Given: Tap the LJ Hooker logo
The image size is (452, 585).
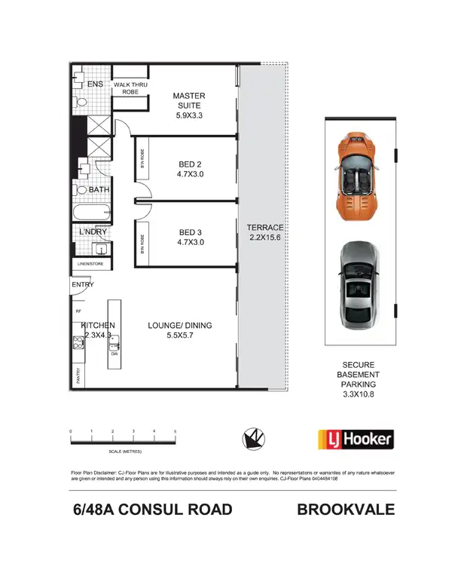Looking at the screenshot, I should pyautogui.click(x=355, y=439).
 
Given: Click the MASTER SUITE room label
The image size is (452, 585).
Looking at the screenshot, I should pyautogui.click(x=188, y=106).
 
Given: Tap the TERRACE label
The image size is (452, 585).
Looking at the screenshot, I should pyautogui.click(x=264, y=232).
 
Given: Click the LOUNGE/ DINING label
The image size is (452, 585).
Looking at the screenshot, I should pyautogui.click(x=179, y=330).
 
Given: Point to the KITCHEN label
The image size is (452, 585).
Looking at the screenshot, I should pyautogui.click(x=98, y=329).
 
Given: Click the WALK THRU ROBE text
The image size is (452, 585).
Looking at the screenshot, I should pyautogui.click(x=130, y=88).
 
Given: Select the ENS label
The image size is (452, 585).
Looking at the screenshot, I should pyautogui.click(x=95, y=84).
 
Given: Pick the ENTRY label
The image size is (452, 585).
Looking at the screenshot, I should pyautogui.click(x=83, y=285).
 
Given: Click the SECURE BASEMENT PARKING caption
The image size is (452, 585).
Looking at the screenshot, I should pyautogui.click(x=359, y=381).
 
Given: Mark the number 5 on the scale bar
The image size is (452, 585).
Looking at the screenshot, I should pyautogui.click(x=175, y=431).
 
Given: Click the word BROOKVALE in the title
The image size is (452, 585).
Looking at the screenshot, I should pyautogui.click(x=345, y=510).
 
